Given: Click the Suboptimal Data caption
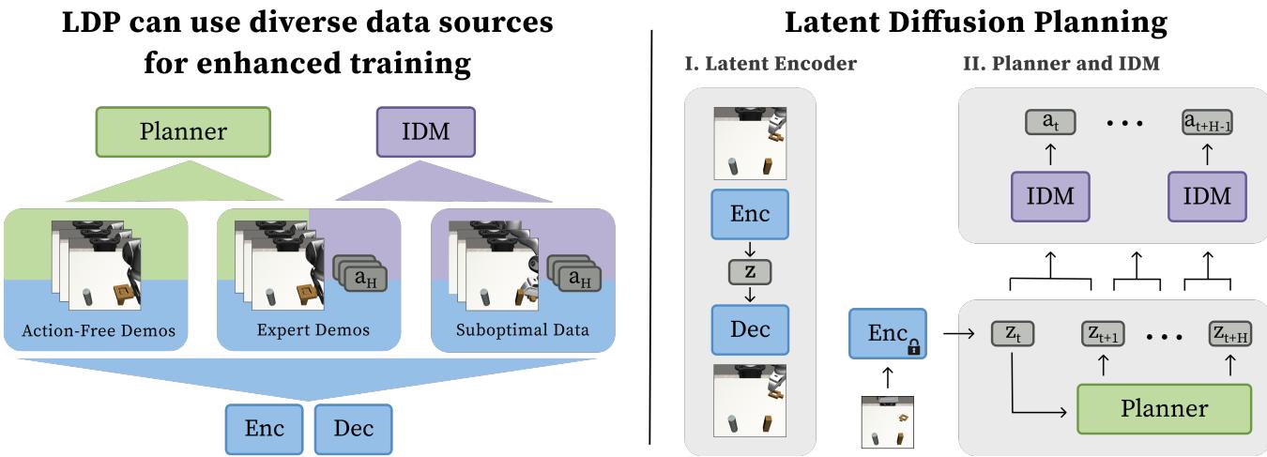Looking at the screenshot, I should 522,331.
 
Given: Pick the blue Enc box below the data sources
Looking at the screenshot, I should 266,429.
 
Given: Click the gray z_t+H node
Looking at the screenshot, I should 1229,333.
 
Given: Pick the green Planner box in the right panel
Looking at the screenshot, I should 1164,409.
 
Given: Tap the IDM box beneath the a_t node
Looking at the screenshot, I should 1050,199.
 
